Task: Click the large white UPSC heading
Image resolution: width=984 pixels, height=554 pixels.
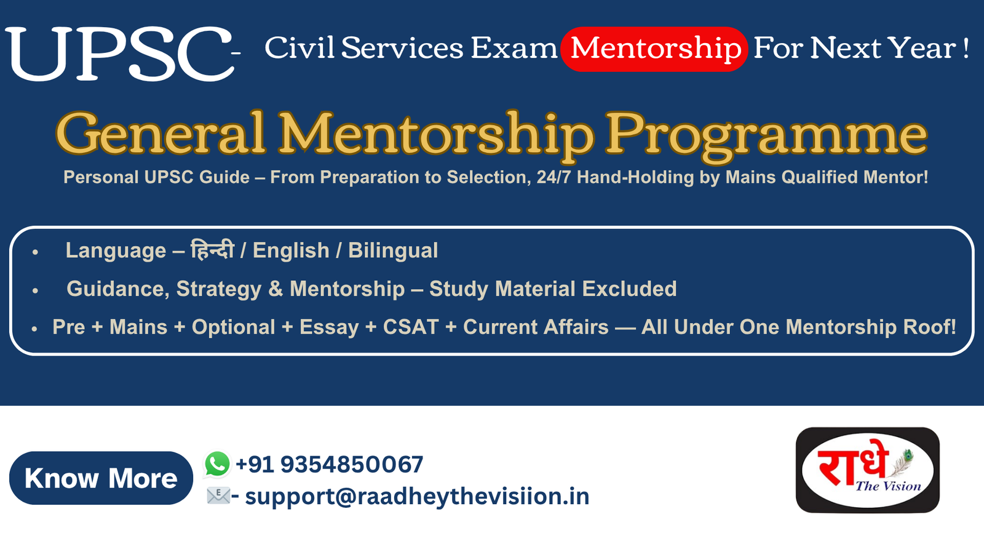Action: click(119, 54)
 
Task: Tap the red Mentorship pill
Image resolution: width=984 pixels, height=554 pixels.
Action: click(654, 49)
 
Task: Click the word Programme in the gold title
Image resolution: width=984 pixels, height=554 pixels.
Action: click(766, 135)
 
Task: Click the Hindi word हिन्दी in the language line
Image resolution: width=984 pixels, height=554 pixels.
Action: click(212, 250)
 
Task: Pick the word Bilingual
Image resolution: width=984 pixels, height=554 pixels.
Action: click(393, 251)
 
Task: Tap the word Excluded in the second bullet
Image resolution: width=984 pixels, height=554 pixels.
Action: click(629, 289)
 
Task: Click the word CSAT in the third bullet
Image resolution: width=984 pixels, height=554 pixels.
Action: click(411, 327)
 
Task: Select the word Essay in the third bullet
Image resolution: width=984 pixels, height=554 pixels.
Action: click(329, 327)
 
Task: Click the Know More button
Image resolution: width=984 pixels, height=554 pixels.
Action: click(101, 478)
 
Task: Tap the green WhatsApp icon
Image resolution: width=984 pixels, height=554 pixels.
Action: click(217, 464)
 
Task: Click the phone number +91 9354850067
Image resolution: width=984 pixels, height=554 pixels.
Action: click(330, 464)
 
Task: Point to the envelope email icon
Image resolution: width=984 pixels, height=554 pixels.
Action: click(218, 496)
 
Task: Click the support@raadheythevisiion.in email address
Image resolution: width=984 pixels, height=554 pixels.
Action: click(417, 496)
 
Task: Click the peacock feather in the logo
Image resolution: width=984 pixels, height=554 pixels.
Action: click(902, 462)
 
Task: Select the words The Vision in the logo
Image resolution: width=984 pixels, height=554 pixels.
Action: click(888, 486)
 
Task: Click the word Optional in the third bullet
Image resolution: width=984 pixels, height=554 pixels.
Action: click(233, 327)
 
